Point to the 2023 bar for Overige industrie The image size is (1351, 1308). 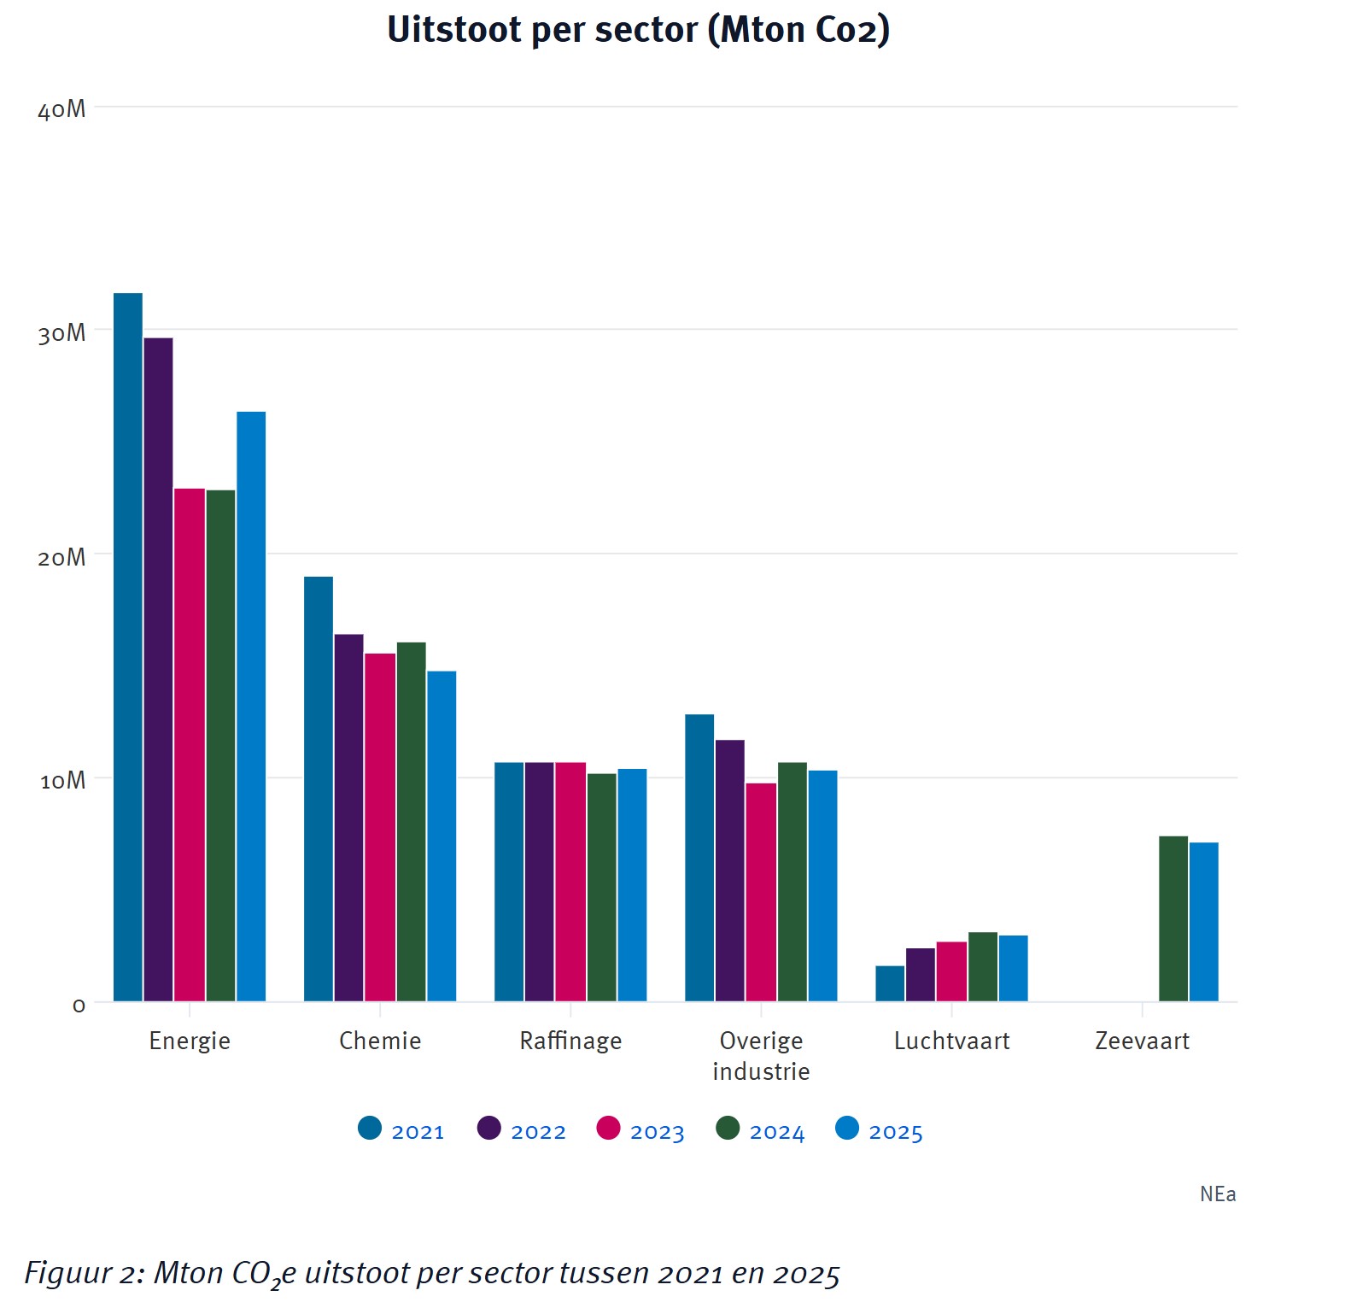click(761, 892)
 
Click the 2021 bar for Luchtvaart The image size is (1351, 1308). click(890, 983)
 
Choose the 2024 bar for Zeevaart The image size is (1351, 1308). click(1173, 918)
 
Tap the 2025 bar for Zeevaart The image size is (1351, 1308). click(1204, 922)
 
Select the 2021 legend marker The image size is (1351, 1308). click(370, 1129)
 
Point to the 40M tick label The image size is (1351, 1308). click(61, 109)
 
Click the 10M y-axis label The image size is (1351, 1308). click(62, 781)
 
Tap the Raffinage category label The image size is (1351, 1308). click(570, 1041)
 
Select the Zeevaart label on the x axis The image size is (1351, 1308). click(1142, 1041)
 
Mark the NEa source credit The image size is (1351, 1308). click(1218, 1194)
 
